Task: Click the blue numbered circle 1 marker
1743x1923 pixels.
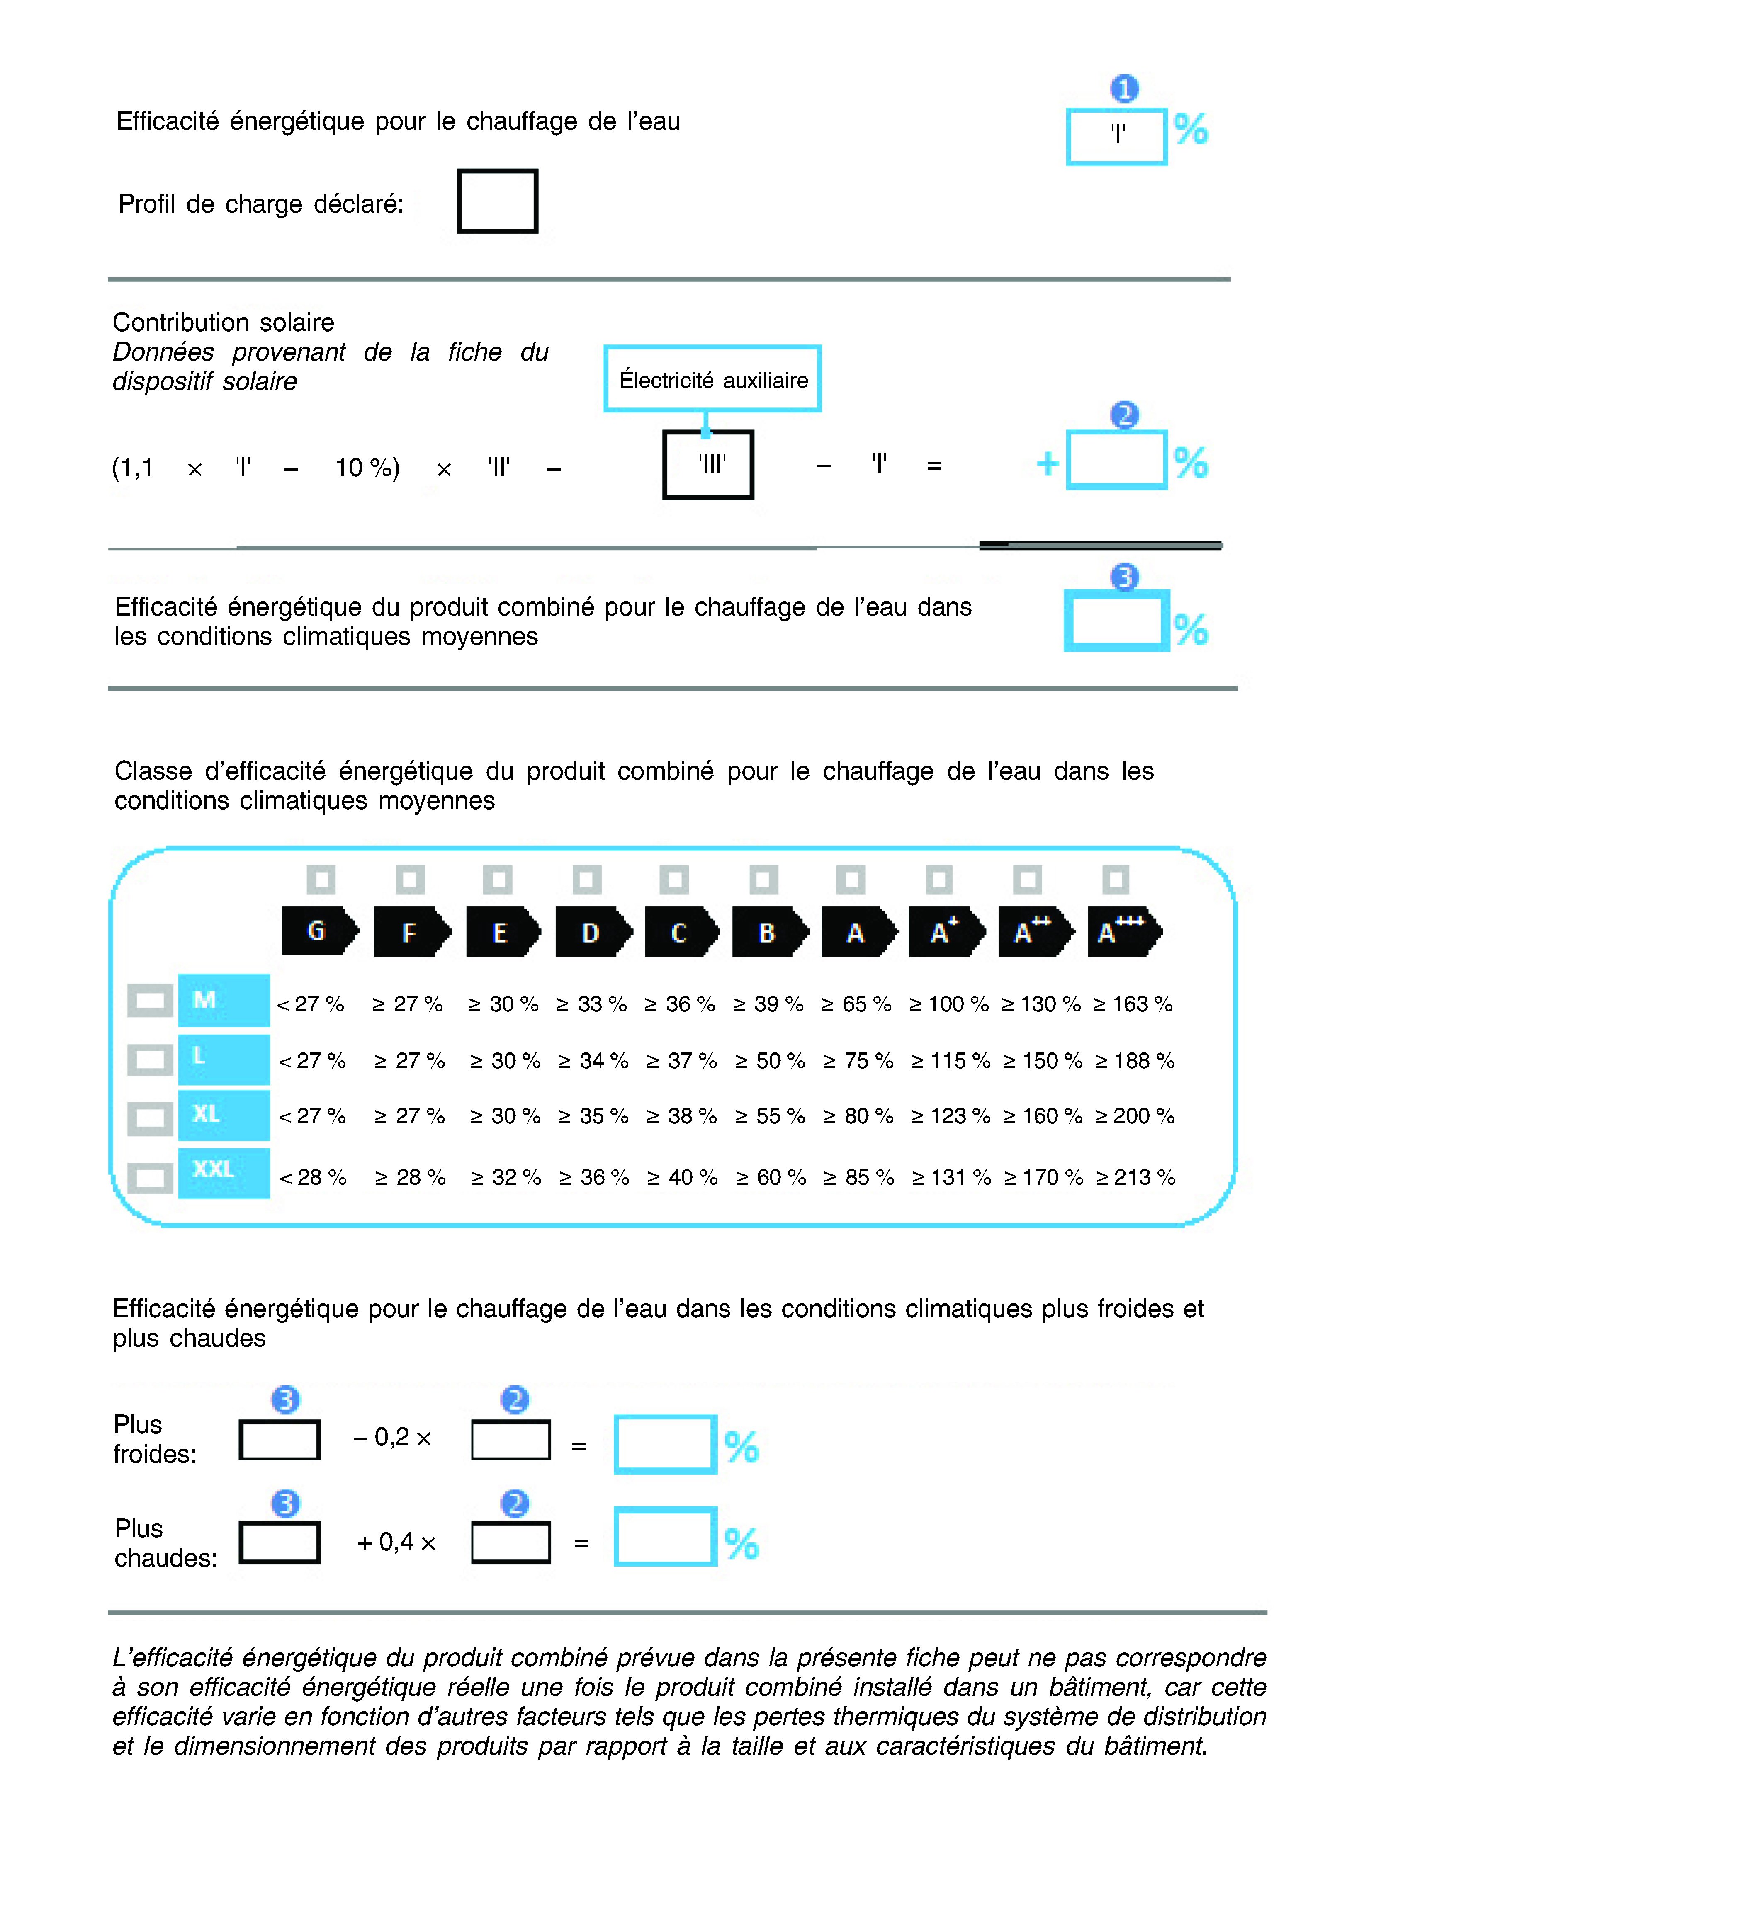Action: pyautogui.click(x=1124, y=89)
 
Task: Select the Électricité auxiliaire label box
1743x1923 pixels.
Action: pyautogui.click(x=712, y=379)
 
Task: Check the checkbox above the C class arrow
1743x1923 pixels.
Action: pyautogui.click(x=673, y=878)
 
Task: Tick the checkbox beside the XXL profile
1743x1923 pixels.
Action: pyautogui.click(x=150, y=1177)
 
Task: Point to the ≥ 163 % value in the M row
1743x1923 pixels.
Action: pyautogui.click(x=1133, y=1004)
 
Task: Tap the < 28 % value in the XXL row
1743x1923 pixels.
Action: pyautogui.click(x=313, y=1177)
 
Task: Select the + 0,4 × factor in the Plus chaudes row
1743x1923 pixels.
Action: pyautogui.click(x=396, y=1542)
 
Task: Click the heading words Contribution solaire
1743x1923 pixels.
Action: pyautogui.click(x=223, y=323)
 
